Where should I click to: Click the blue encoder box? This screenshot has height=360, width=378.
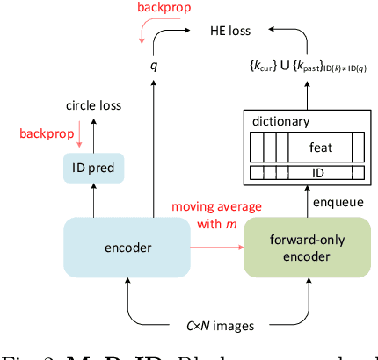(127, 248)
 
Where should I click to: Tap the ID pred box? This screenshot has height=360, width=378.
(93, 168)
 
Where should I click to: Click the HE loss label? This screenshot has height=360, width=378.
(229, 30)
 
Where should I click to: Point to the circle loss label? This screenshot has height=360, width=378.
(93, 106)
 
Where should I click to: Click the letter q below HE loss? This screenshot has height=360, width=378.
(152, 65)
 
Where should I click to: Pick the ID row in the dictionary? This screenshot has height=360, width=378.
(308, 172)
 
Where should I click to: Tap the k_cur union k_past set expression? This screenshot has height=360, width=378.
(309, 65)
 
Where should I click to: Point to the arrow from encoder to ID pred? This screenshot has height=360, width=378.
(93, 201)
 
